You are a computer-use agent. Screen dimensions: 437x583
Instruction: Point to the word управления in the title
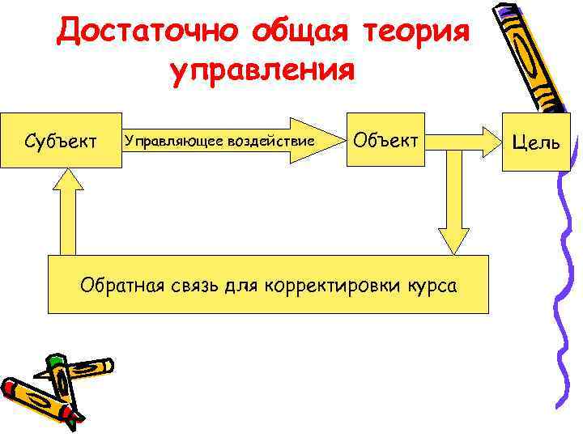pos(262,70)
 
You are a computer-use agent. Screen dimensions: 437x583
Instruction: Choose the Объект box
pos(385,140)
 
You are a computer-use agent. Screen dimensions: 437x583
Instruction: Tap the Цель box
pos(530,142)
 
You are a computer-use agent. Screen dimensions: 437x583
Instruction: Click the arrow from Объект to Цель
pos(462,141)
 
